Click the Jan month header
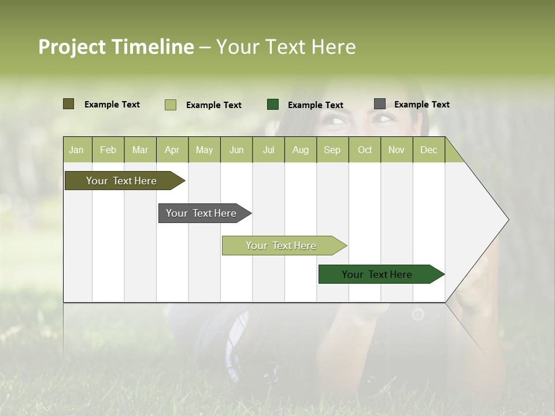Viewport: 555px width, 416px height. pos(76,150)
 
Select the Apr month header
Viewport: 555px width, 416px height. pos(172,150)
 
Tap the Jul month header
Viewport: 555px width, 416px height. pos(268,150)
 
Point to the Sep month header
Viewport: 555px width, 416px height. pos(332,150)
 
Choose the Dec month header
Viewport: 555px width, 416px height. pos(428,150)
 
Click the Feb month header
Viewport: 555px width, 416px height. pos(108,150)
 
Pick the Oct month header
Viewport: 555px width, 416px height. pos(365,150)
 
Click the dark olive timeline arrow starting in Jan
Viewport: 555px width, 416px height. pos(122,181)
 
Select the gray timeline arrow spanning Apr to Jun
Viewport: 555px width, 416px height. pos(202,213)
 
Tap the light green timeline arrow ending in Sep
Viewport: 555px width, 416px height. pos(282,246)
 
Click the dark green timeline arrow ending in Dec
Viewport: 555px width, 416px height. pos(378,274)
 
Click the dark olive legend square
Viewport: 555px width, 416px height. pos(68,104)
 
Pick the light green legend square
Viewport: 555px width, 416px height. pos(170,105)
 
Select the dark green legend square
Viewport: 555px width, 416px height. pos(272,105)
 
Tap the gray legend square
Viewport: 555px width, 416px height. pos(379,104)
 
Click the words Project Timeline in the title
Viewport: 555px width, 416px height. pos(116,47)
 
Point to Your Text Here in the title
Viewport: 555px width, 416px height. pos(286,47)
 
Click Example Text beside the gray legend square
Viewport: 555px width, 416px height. pos(421,105)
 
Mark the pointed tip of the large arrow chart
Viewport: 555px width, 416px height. pos(508,220)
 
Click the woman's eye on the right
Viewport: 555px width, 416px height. pos(383,118)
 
